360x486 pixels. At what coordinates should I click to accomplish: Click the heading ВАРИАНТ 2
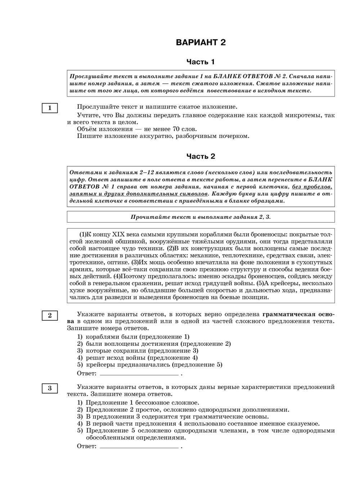point(201,43)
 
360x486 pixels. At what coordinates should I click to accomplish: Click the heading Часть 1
point(201,62)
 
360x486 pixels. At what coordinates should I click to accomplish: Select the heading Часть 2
point(201,156)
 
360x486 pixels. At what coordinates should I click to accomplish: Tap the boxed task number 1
point(50,108)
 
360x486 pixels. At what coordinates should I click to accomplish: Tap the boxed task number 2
point(50,315)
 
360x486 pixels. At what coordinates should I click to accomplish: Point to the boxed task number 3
point(50,388)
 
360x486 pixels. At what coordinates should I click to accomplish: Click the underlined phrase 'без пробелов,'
point(312,187)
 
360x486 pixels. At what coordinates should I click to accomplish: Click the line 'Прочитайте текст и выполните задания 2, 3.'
point(201,217)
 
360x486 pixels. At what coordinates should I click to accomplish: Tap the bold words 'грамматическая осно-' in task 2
point(298,314)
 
